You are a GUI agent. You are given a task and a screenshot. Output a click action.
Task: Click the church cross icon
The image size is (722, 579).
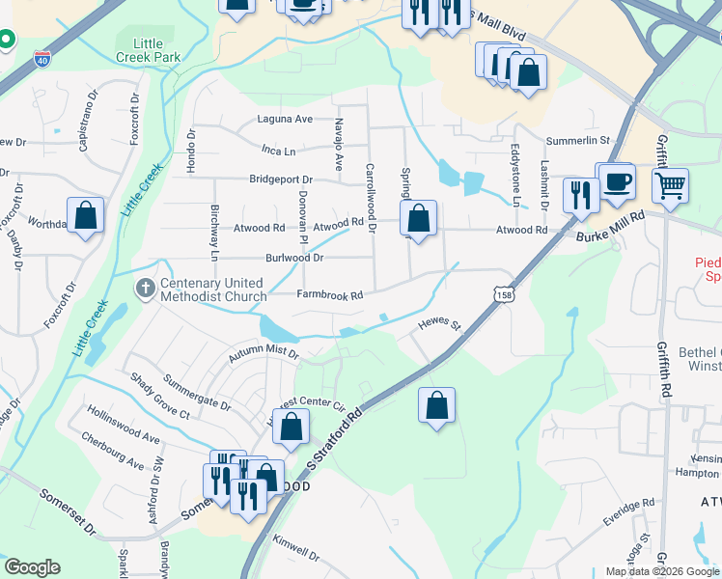(x=145, y=288)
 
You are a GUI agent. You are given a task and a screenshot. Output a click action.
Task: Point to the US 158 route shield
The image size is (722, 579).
(x=503, y=290)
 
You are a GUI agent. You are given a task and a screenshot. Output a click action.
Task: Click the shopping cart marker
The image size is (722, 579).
(x=671, y=183)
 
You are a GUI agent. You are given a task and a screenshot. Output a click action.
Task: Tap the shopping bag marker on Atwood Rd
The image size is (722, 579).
(x=418, y=218)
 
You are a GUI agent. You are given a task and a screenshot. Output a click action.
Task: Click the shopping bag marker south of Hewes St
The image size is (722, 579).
(x=436, y=405)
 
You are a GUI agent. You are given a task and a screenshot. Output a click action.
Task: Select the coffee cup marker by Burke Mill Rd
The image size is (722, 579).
(x=617, y=181)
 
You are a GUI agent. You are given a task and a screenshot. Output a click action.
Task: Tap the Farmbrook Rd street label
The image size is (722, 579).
(x=329, y=295)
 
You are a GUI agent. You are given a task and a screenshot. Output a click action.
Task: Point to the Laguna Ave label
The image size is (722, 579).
(x=285, y=120)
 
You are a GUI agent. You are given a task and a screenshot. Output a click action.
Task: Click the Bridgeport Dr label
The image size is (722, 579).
(x=281, y=179)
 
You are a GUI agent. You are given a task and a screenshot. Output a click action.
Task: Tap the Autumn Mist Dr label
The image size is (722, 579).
(x=264, y=355)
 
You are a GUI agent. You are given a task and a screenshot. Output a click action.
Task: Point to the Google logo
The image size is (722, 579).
(x=32, y=567)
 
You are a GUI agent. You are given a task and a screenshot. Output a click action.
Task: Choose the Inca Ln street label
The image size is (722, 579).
(x=278, y=150)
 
